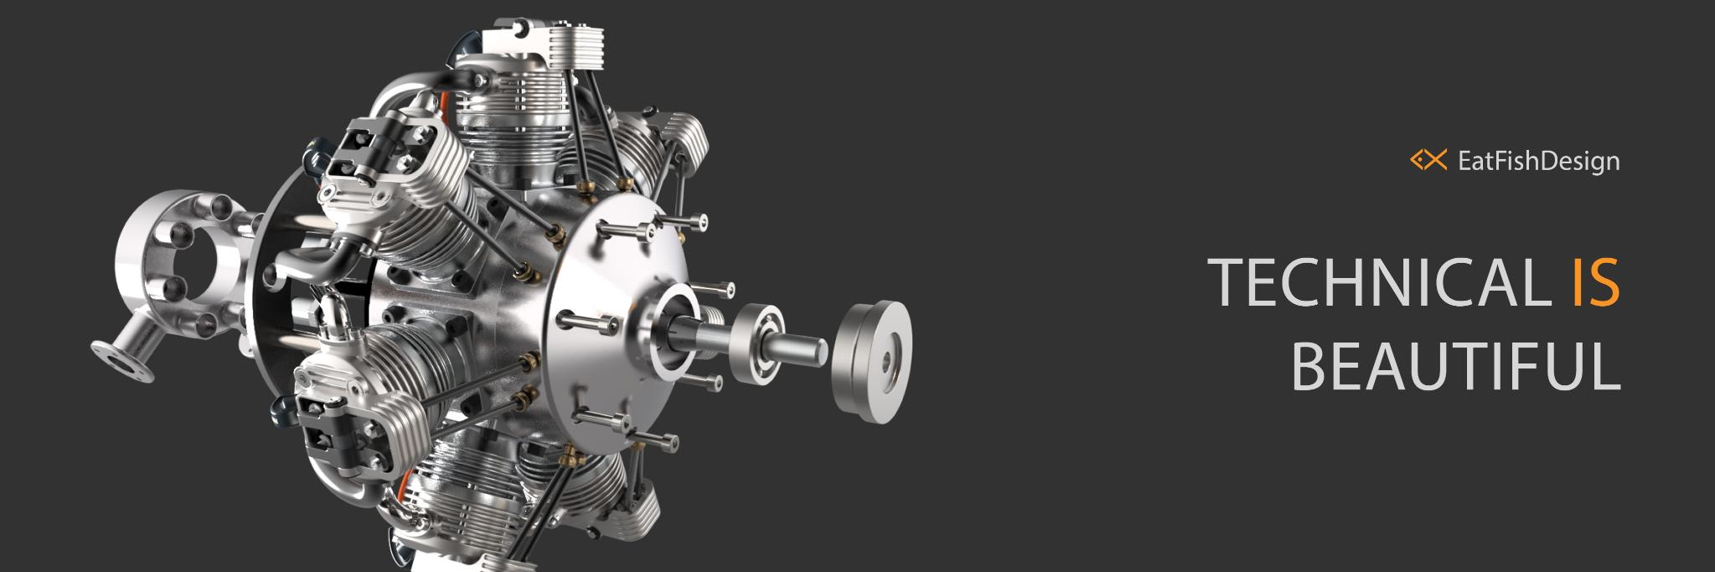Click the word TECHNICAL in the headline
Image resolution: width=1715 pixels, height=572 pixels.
(x=1378, y=281)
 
